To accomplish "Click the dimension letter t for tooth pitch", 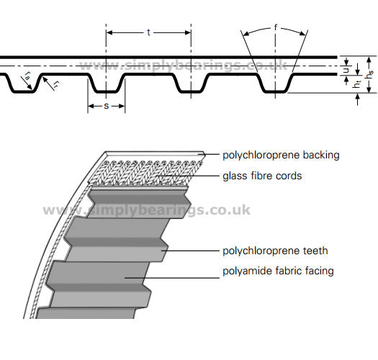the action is tap(148, 32).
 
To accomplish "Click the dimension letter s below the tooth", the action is tap(107, 106).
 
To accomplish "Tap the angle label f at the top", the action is tap(276, 27).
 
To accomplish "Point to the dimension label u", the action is tap(346, 71).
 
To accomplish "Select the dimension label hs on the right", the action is tap(369, 74).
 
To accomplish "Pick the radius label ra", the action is tap(27, 76).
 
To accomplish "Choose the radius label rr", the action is tap(56, 84).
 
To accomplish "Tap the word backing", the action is tap(321, 156).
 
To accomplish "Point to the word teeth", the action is tap(315, 251).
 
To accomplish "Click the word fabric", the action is tap(289, 271).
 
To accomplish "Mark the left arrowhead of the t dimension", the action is tap(109, 32).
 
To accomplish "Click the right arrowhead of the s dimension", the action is tap(122, 106).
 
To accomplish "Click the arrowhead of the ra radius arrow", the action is tap(30, 87).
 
